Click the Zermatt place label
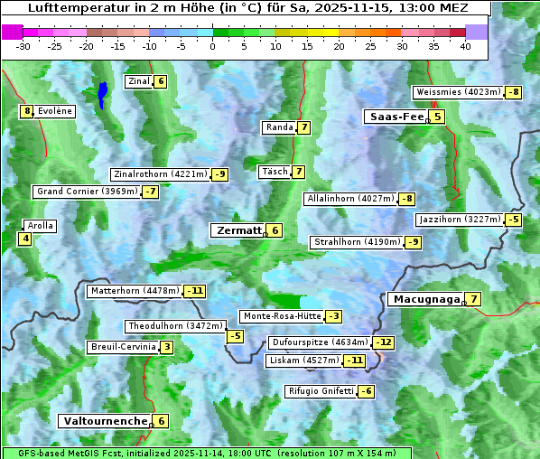click(x=237, y=230)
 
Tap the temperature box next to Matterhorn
click(x=195, y=291)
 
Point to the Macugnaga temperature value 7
click(x=473, y=299)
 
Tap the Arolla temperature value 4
click(x=25, y=239)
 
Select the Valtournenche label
click(x=104, y=421)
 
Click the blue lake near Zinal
click(x=103, y=93)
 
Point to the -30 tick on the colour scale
click(x=23, y=46)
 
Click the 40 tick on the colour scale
click(x=465, y=46)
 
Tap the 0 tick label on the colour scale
click(x=212, y=46)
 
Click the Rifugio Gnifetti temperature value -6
click(x=366, y=391)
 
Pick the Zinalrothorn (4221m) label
click(x=160, y=174)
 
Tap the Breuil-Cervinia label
click(x=121, y=347)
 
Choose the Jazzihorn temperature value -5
click(x=514, y=220)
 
